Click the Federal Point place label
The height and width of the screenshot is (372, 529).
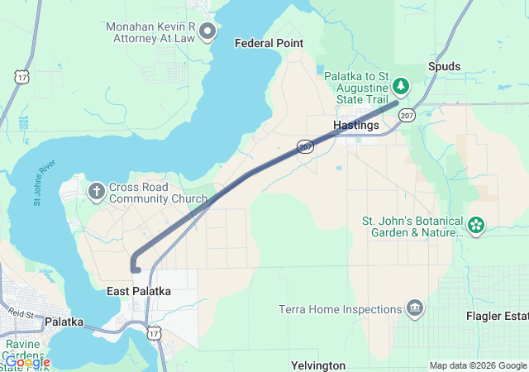point(269,43)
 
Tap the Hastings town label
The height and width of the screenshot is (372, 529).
point(355,125)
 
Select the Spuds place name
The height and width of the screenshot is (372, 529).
point(444,66)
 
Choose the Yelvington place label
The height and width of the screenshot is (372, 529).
point(317,365)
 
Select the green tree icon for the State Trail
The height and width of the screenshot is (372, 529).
point(401,85)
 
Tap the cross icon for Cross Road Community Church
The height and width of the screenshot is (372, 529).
point(96,193)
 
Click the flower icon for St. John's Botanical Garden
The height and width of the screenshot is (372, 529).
point(476,225)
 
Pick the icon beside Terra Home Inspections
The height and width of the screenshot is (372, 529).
point(414,310)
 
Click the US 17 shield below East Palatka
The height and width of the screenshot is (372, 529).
point(153,332)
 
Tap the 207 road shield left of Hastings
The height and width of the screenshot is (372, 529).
point(305,146)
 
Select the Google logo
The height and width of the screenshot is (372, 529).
point(26,362)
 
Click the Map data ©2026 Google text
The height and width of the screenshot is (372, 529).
point(478,365)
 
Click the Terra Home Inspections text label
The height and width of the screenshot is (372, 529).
point(339,310)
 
